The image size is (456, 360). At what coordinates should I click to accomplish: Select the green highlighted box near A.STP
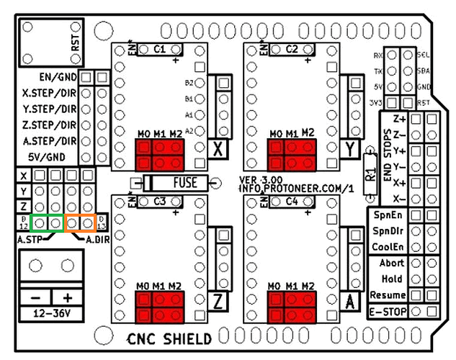(x=46, y=223)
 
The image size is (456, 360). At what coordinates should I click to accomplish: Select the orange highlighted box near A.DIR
(x=81, y=223)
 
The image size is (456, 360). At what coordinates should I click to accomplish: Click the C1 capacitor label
(x=159, y=50)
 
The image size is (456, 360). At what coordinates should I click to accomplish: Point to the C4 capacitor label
(x=292, y=202)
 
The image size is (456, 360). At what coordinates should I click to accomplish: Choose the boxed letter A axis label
(x=352, y=300)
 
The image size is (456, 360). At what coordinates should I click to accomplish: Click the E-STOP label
(x=388, y=312)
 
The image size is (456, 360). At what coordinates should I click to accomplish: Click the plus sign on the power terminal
(x=68, y=297)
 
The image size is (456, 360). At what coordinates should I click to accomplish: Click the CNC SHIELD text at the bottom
(x=169, y=339)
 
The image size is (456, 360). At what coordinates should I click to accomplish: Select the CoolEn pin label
(x=388, y=247)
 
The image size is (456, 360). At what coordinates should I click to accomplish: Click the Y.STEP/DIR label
(x=49, y=109)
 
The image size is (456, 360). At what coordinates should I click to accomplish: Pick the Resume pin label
(x=388, y=295)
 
